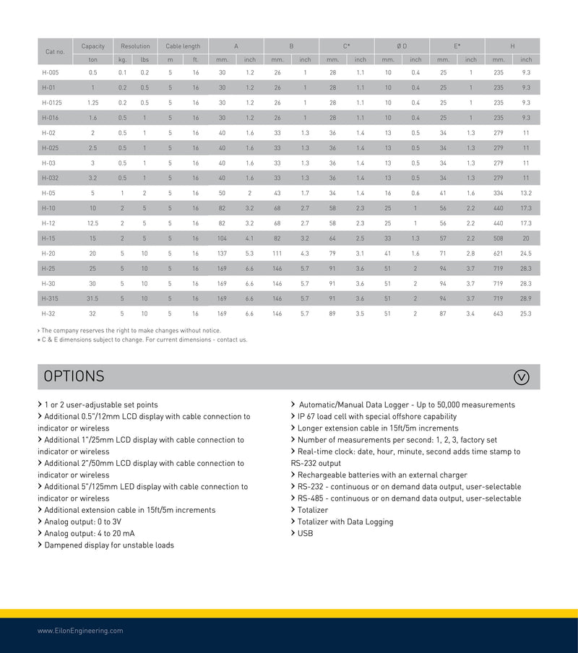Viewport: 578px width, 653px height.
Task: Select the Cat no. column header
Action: click(x=55, y=52)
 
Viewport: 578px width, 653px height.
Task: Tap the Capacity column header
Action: click(x=92, y=46)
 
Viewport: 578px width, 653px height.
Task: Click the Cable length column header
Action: click(x=183, y=46)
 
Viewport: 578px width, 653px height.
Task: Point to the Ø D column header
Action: click(x=402, y=46)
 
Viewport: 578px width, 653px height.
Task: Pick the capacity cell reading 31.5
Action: click(x=92, y=298)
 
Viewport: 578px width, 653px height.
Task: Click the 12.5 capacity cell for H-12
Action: click(x=92, y=223)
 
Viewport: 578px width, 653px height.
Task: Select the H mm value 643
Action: click(x=499, y=313)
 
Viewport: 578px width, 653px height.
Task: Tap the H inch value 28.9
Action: click(x=526, y=298)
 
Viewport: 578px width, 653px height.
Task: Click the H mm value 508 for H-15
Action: click(x=499, y=238)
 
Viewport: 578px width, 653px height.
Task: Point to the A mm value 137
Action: click(x=222, y=254)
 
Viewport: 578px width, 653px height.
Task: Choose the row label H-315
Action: click(x=50, y=298)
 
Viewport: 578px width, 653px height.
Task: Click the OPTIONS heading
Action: click(x=74, y=376)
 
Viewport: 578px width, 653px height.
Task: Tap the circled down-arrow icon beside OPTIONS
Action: click(x=521, y=376)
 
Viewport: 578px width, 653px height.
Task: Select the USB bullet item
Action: click(x=305, y=533)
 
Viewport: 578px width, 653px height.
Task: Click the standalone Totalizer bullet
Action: click(x=312, y=510)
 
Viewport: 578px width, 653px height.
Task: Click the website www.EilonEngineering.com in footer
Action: click(x=80, y=631)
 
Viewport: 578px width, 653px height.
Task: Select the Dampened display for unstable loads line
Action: click(x=108, y=545)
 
